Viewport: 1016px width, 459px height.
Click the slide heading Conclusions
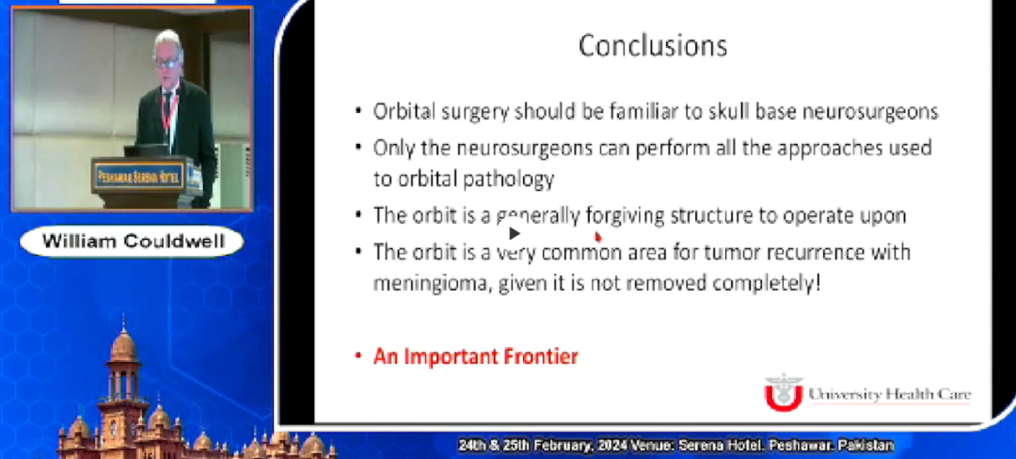(x=652, y=45)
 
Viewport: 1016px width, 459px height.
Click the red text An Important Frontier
(x=475, y=356)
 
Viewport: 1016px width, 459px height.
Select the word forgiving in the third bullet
(x=625, y=215)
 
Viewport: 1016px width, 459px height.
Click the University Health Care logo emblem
(x=783, y=391)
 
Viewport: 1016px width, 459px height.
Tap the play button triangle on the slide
(x=514, y=233)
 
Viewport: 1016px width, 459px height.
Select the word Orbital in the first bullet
(x=402, y=111)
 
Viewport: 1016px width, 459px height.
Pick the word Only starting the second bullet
(x=391, y=149)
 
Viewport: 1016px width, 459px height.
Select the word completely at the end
(x=767, y=281)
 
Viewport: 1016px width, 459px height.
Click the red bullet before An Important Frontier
(x=358, y=357)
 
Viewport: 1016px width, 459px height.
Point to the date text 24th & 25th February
(x=532, y=445)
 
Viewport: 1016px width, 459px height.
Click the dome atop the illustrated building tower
(x=123, y=343)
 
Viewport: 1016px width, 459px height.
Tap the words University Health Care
(x=889, y=394)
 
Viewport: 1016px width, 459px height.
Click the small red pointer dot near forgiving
(x=597, y=237)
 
